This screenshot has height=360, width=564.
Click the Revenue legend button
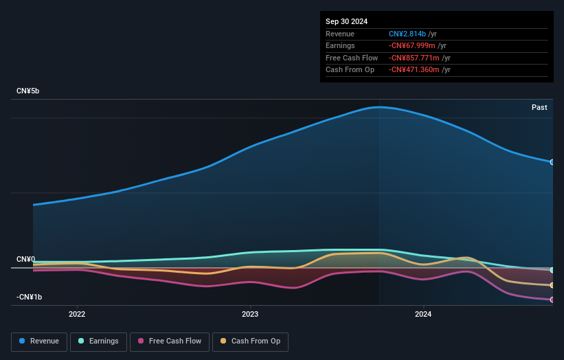(39, 341)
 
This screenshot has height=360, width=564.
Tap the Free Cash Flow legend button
(169, 341)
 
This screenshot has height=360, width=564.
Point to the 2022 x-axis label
(77, 315)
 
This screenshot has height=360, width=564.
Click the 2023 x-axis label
(250, 315)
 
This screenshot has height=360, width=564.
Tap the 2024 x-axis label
(423, 315)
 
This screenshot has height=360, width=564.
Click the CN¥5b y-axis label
(30, 91)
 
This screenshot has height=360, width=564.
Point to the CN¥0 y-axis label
(26, 260)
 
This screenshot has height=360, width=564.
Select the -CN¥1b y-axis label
(30, 297)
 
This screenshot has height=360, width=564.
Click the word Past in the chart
(539, 107)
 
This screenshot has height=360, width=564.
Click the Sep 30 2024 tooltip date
(347, 21)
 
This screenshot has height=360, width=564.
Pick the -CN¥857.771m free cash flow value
(414, 58)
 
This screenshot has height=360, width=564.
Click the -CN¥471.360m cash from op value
(414, 70)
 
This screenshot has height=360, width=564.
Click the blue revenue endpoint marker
(552, 162)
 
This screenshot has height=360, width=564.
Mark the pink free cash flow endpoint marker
(552, 300)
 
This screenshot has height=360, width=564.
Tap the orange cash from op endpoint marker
(552, 285)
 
